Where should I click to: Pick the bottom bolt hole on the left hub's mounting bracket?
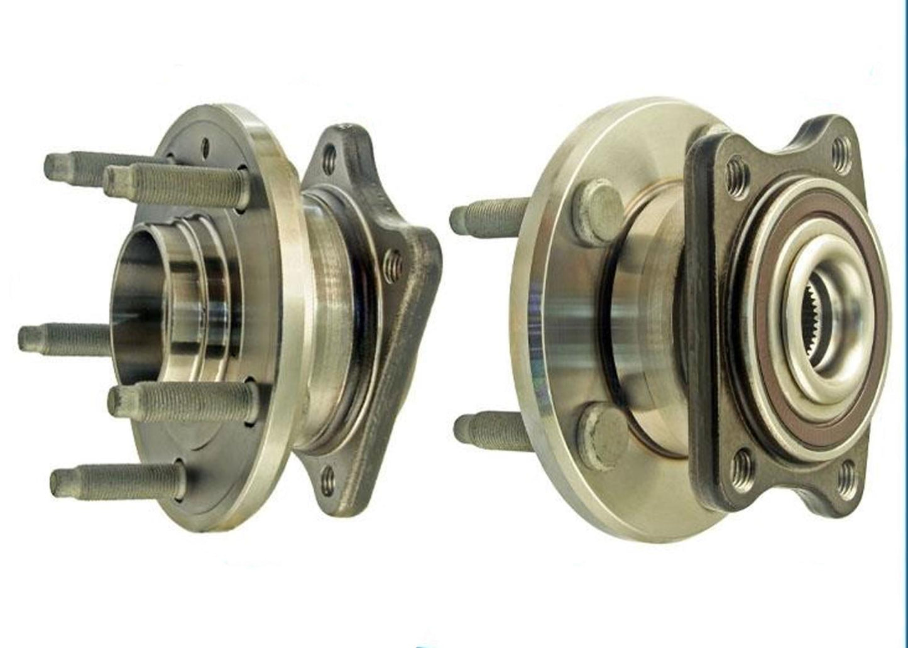pos(327,481)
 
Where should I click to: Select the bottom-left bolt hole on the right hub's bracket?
pos(744,465)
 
